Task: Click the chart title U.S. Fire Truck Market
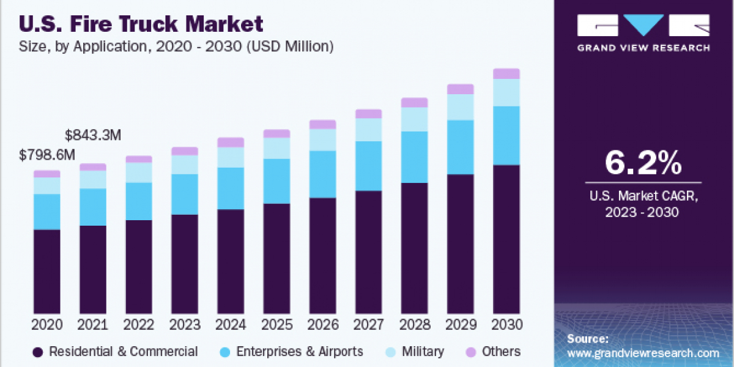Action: coord(141,24)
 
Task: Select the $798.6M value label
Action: coord(47,155)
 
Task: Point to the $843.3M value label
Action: coord(93,135)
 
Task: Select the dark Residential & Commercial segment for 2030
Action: coord(506,239)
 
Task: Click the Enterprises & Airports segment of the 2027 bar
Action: coord(368,166)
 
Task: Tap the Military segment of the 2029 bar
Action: coord(460,107)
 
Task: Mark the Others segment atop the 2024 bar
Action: coord(231,143)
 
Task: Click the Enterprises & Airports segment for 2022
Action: coord(139,201)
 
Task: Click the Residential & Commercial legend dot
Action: coord(39,352)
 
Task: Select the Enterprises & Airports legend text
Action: coord(299,352)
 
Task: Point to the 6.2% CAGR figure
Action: coord(643,163)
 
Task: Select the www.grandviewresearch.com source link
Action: coord(643,353)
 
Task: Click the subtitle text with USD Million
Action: coord(177,46)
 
